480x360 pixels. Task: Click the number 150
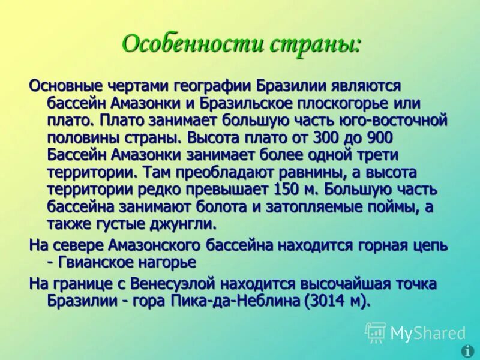coord(287,190)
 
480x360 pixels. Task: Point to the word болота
coord(238,208)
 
